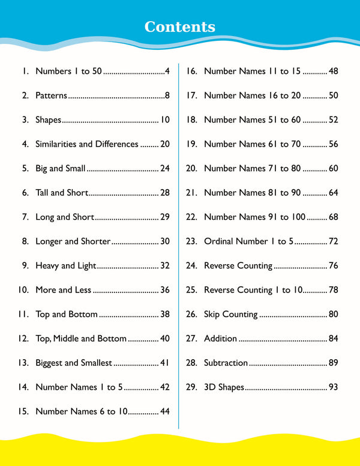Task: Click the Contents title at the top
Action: (x=180, y=27)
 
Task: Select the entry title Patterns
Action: (x=52, y=95)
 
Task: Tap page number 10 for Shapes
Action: (x=164, y=120)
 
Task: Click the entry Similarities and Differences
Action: (x=87, y=144)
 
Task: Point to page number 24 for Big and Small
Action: (x=164, y=168)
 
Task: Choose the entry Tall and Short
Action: (x=62, y=193)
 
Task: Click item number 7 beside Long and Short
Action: (x=25, y=217)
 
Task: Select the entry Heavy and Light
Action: (x=65, y=265)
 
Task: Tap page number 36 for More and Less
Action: (x=164, y=290)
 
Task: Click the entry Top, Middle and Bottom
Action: (x=81, y=339)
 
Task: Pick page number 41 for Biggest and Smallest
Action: (x=164, y=363)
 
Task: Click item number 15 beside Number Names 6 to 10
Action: (x=23, y=411)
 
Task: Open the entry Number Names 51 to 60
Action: (x=252, y=120)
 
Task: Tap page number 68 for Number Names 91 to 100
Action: (x=333, y=217)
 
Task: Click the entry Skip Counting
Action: (x=231, y=314)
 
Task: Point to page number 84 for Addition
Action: (x=333, y=339)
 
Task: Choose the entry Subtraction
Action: (x=226, y=363)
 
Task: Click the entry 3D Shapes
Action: (x=224, y=387)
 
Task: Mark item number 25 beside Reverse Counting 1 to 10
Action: (x=191, y=290)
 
